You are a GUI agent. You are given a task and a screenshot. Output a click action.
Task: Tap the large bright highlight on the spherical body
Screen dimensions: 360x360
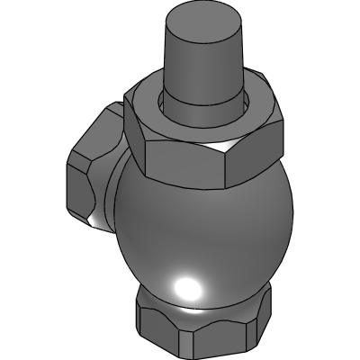188,288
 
